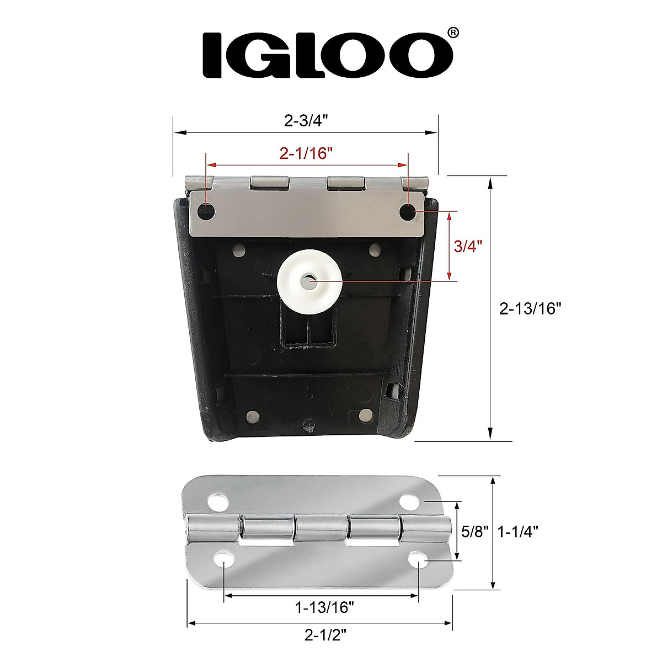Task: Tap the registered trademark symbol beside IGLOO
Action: [x=452, y=33]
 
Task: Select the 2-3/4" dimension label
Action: [x=306, y=121]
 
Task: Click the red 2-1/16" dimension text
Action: [x=306, y=154]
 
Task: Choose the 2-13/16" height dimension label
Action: [x=530, y=309]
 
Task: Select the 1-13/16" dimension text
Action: [x=324, y=608]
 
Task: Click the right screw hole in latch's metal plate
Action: [x=408, y=211]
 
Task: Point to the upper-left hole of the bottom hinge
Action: [x=218, y=503]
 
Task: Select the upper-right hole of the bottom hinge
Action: [x=409, y=503]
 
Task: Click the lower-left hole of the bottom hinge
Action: [x=225, y=560]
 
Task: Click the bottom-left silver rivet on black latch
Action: [x=253, y=415]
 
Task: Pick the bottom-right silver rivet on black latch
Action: [x=365, y=414]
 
